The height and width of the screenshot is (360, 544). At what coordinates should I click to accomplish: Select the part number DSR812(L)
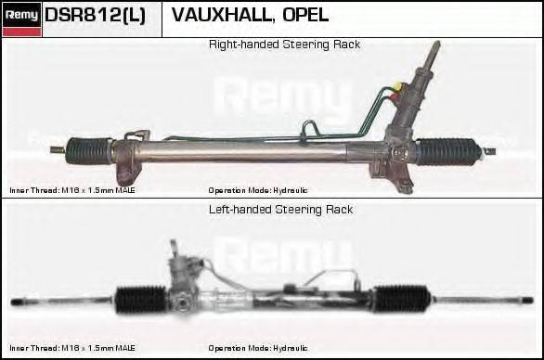(95, 16)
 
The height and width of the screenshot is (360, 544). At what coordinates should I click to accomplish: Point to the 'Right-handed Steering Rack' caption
(284, 45)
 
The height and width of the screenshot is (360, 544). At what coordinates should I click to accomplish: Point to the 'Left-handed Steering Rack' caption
(279, 210)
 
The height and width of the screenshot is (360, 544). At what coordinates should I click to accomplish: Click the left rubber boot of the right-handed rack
(89, 148)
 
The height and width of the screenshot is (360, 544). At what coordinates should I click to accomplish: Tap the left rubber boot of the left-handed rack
(141, 300)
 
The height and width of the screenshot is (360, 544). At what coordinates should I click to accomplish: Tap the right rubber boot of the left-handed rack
(400, 300)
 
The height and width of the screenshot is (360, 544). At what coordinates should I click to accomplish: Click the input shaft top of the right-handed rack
(433, 51)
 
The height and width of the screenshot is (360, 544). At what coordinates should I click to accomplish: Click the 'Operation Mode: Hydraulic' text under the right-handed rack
(257, 190)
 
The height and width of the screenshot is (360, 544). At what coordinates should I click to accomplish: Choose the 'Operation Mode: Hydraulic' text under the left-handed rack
(257, 348)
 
